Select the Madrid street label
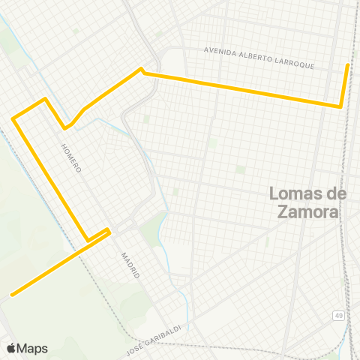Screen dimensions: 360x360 130,265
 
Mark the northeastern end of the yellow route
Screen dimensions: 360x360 347,65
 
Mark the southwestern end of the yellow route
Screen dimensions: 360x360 11,295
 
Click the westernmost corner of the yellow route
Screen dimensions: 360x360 13,118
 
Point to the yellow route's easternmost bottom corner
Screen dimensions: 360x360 341,106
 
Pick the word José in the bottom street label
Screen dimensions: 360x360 134,337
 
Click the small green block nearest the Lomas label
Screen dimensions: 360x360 240,169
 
